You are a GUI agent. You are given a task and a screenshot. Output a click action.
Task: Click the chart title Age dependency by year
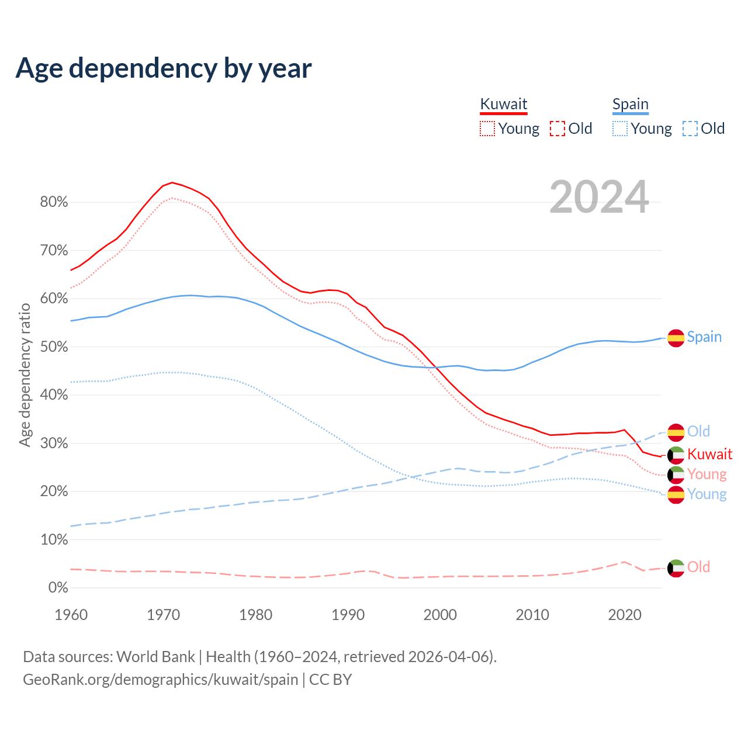[164, 68]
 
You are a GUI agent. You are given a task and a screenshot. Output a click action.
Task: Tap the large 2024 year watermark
[599, 197]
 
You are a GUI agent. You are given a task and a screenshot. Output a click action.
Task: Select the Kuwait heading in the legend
[503, 105]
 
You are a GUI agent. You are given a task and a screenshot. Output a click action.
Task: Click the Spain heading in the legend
[630, 105]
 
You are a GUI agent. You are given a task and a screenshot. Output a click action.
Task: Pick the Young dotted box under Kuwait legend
[487, 129]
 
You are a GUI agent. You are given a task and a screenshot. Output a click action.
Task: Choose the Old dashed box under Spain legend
[690, 129]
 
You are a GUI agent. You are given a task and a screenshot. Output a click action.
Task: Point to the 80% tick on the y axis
[54, 202]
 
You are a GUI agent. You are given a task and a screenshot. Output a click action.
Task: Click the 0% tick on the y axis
[58, 588]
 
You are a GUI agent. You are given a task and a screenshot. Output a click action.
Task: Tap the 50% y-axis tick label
[54, 347]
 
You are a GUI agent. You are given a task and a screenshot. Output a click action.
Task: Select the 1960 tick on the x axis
[71, 615]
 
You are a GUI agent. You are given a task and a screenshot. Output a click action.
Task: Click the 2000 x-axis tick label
[440, 615]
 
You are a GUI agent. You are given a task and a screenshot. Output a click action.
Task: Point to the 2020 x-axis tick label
[625, 615]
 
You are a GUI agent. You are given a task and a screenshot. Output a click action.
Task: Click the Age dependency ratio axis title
[25, 375]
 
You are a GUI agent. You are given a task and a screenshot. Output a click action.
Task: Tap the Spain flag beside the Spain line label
[676, 338]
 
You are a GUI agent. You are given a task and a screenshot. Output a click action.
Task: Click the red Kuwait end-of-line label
[709, 454]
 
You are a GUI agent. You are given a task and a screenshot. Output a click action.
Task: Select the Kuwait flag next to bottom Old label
[676, 568]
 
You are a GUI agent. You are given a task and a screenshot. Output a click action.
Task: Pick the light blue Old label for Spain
[698, 431]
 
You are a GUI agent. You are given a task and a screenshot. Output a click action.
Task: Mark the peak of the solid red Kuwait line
[172, 182]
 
